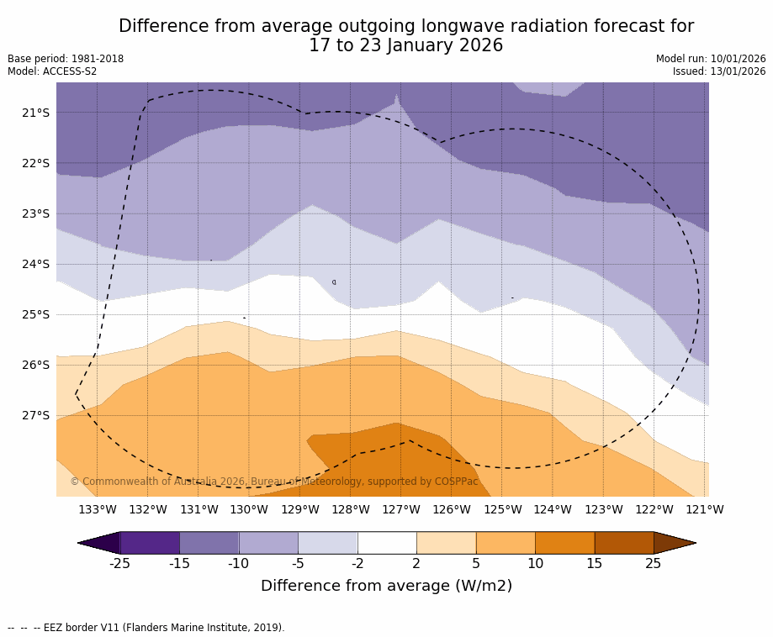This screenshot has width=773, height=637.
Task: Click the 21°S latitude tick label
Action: (x=35, y=113)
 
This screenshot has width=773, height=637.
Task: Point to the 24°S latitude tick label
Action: (x=35, y=264)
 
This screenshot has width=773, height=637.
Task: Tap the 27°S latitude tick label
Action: (x=35, y=415)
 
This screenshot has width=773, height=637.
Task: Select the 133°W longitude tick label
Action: (x=98, y=509)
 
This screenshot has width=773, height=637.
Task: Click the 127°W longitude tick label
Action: (x=401, y=509)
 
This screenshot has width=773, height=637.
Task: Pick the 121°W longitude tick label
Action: (x=705, y=509)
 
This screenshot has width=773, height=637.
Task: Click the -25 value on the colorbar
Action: (x=120, y=563)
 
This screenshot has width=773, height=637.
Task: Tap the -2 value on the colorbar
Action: (x=357, y=563)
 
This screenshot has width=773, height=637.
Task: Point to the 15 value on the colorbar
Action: (x=595, y=563)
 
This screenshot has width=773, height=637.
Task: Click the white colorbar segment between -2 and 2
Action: (x=387, y=543)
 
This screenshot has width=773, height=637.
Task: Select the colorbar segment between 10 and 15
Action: (x=564, y=543)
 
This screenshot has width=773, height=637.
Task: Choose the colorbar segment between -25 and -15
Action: (x=150, y=543)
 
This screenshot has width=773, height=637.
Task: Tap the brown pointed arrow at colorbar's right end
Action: (x=675, y=543)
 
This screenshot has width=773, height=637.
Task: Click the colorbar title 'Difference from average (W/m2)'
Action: (x=386, y=586)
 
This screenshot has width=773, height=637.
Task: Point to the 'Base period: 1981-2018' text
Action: (x=66, y=59)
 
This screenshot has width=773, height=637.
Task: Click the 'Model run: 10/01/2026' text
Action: (x=711, y=59)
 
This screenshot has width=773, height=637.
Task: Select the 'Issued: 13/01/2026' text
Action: (x=719, y=71)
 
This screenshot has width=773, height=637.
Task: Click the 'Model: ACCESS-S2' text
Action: (x=52, y=71)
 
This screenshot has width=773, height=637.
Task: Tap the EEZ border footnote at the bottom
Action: (x=146, y=628)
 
